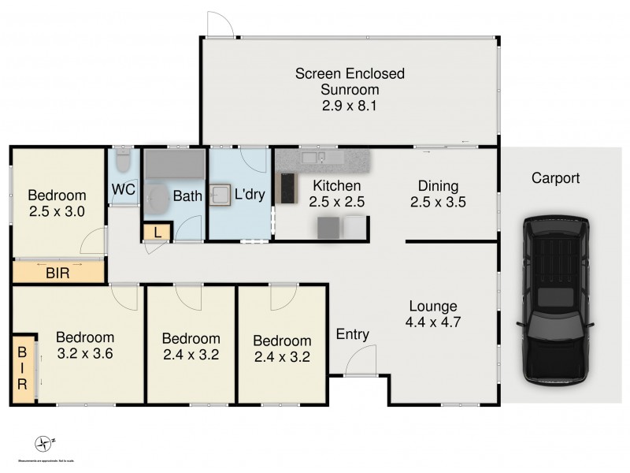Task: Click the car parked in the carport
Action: pos(554,302)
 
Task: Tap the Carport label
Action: pos(555,179)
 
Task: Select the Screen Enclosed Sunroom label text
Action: pos(350,89)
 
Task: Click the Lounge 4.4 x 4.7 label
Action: pos(433,314)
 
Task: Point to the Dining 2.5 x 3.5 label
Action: pos(438,194)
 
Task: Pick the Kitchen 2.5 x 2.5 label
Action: pos(337,194)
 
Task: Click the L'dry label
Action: pos(248,192)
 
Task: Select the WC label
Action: pos(123,189)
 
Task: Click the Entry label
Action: pos(352,334)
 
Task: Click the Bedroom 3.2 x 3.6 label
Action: pos(85,345)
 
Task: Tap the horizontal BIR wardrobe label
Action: pos(57,273)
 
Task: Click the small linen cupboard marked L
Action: pos(157,233)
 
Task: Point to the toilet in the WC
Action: pos(122,164)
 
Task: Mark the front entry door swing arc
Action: pos(354,360)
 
